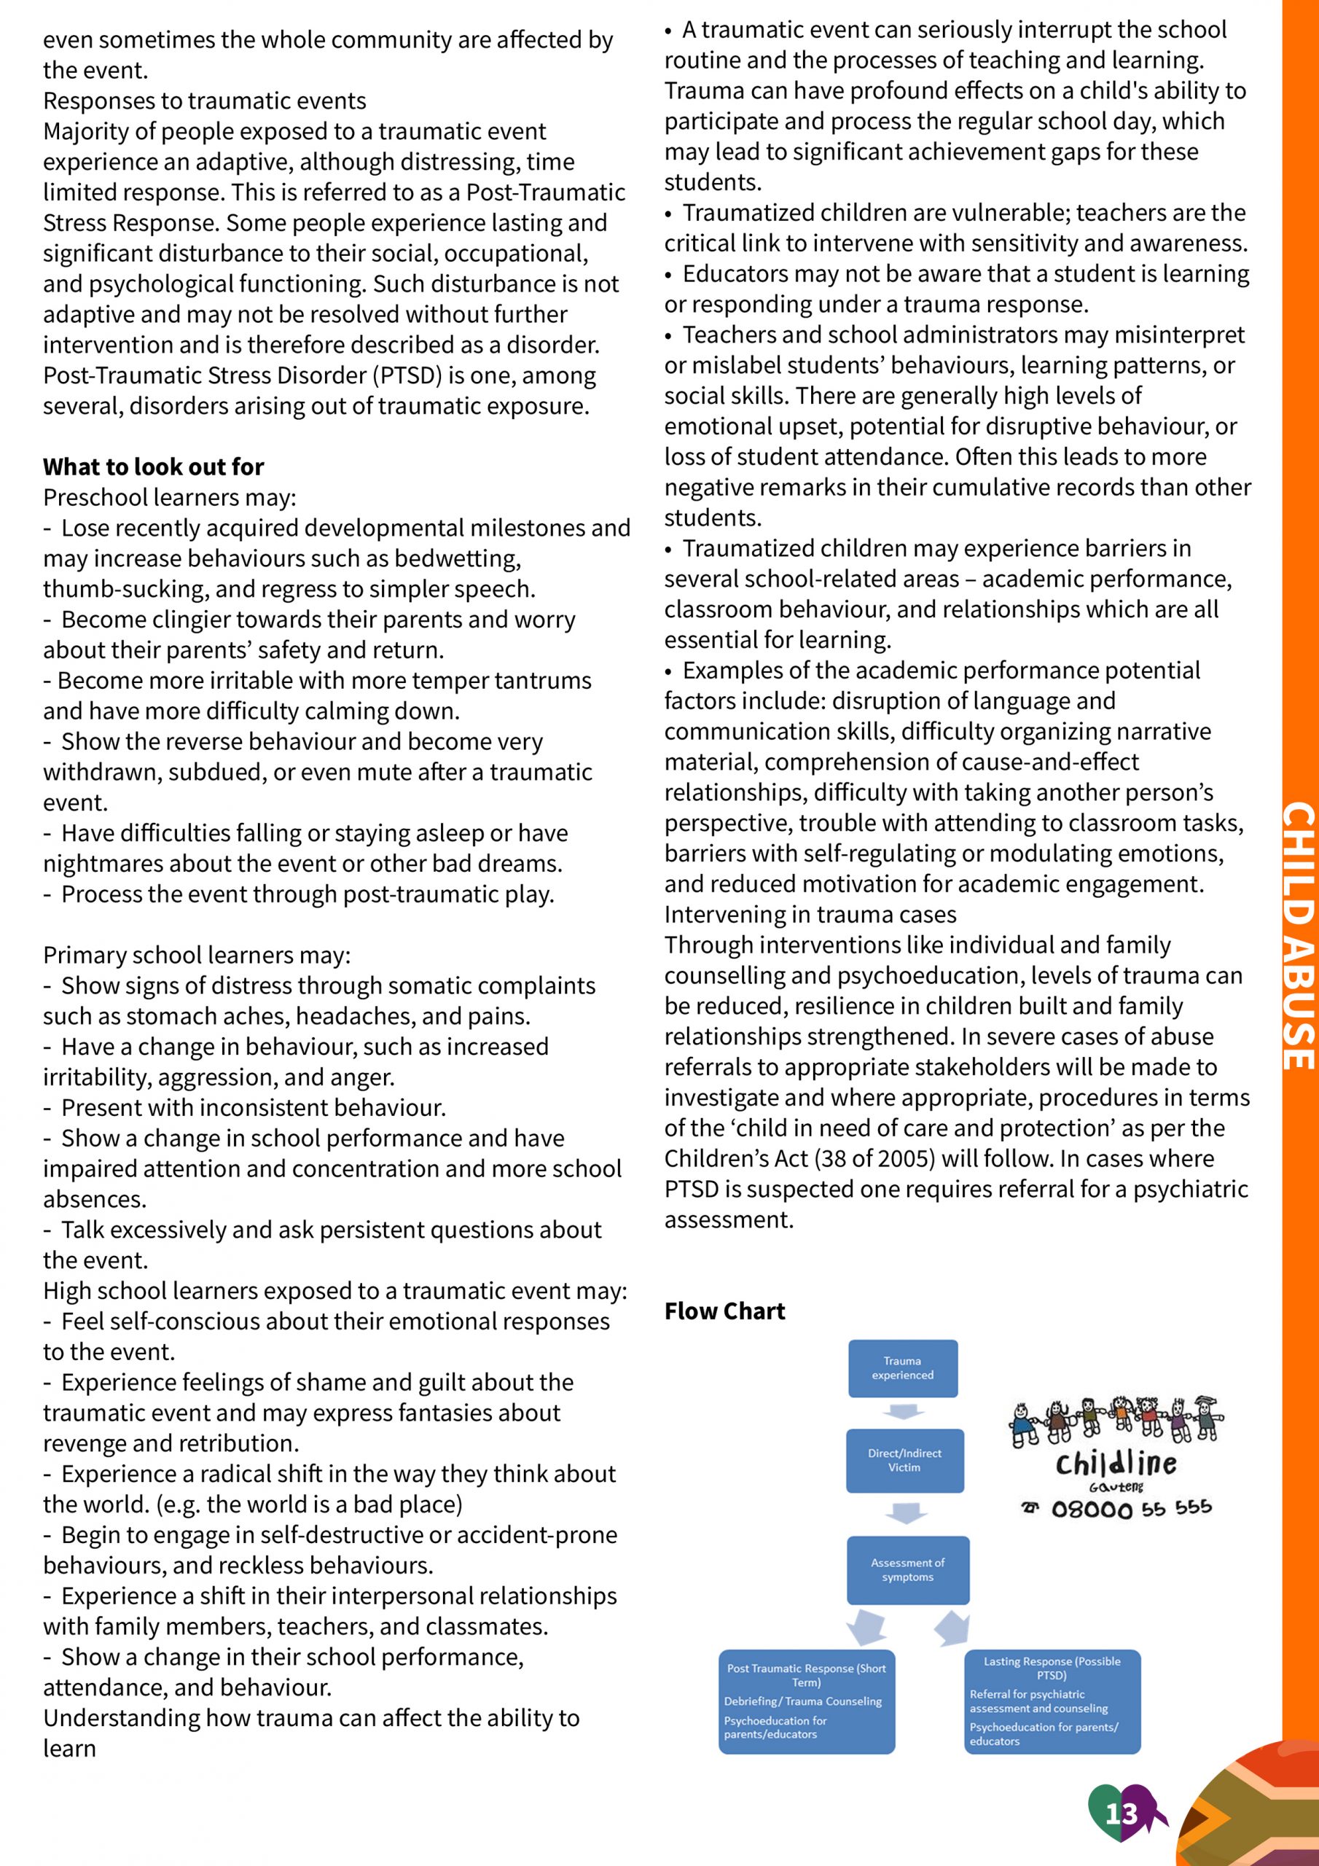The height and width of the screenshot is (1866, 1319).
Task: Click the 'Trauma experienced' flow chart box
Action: (x=902, y=1368)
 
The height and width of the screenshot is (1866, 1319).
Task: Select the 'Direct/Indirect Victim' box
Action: (x=904, y=1461)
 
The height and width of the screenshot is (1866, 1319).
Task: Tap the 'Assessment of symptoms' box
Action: (x=908, y=1569)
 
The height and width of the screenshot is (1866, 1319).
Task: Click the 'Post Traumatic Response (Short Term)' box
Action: (x=806, y=1701)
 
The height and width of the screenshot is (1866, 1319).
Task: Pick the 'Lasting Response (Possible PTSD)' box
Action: (x=1052, y=1701)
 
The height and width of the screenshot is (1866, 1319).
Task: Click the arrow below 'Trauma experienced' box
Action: (x=904, y=1412)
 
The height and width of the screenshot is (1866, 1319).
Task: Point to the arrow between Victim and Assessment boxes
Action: (x=905, y=1513)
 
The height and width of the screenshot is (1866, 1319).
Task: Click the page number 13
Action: (x=1122, y=1814)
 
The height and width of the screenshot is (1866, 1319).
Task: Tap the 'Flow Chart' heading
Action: (x=724, y=1311)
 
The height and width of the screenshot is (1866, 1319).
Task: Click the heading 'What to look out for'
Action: (x=154, y=466)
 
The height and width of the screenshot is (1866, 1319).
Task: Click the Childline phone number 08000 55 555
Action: (x=1130, y=1510)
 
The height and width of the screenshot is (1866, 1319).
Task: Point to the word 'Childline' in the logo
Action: (x=1116, y=1464)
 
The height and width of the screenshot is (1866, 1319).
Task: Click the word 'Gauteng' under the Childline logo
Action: (x=1116, y=1486)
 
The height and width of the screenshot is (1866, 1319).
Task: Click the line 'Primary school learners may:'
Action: (x=197, y=955)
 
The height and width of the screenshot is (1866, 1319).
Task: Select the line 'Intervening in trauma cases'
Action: (x=810, y=914)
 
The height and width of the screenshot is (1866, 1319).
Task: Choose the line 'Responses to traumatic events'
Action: (x=205, y=101)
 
